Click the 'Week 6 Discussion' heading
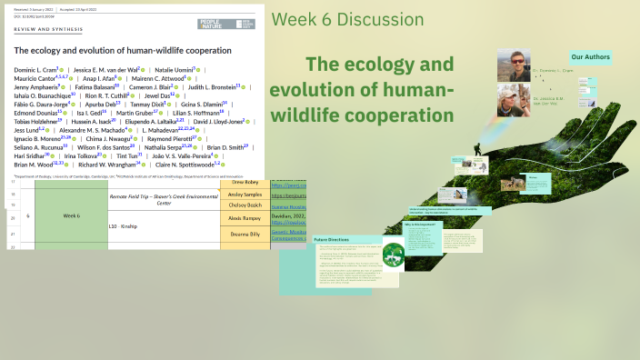347,20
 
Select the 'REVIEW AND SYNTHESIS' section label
43,29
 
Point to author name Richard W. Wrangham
111,165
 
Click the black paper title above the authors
123,50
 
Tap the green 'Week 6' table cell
72,215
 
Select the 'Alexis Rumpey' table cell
245,219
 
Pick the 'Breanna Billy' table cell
245,234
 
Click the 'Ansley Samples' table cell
245,195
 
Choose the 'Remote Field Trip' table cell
164,199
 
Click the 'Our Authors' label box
590,56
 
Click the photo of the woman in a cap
513,100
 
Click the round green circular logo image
393,255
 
